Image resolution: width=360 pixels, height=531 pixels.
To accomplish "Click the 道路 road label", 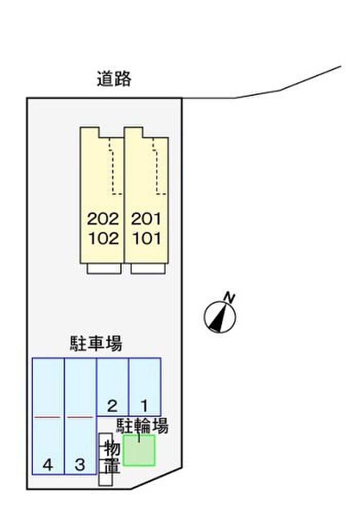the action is (114, 79).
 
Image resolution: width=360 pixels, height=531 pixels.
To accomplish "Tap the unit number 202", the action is (103, 219).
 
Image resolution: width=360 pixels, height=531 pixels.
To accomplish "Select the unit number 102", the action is (103, 238).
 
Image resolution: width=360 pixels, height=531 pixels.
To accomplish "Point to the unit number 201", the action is (146, 219).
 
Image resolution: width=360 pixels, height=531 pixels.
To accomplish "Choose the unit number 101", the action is (147, 238).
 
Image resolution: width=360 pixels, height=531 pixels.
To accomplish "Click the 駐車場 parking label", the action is (96, 343).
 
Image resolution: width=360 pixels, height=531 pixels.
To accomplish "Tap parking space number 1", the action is (145, 405).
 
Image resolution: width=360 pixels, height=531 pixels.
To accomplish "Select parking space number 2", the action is (112, 405).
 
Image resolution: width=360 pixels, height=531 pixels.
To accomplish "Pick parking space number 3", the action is (80, 465).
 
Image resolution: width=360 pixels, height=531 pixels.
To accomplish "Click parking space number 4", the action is (48, 465).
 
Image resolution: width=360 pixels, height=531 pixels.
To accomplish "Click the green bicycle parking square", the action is (139, 450).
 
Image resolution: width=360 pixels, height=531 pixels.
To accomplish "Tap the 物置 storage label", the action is (112, 457).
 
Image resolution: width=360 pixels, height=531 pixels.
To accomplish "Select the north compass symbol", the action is (220, 317).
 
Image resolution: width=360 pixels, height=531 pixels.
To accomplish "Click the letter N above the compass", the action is (229, 297).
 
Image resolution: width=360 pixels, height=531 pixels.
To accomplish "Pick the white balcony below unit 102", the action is (104, 268).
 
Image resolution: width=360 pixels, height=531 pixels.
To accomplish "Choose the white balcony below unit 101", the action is (148, 268).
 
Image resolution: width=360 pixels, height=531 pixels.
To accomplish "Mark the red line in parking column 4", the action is (47, 417).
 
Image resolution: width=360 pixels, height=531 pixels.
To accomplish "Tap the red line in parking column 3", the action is (80, 417).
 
